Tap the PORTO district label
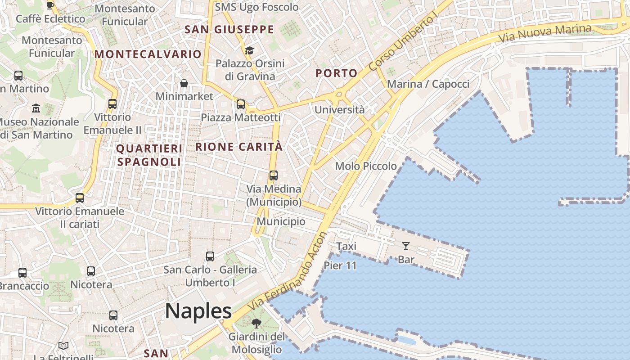pyautogui.click(x=336, y=73)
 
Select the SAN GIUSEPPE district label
pyautogui.click(x=229, y=30)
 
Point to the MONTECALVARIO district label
pyautogui.click(x=148, y=54)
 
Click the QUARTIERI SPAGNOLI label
pyautogui.click(x=149, y=155)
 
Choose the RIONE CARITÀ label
pyautogui.click(x=239, y=147)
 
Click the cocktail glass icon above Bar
pyautogui.click(x=406, y=246)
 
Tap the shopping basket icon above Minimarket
pyautogui.click(x=184, y=83)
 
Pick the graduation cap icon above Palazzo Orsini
pyautogui.click(x=250, y=50)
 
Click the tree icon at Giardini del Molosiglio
pyautogui.click(x=256, y=323)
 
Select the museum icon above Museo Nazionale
pyautogui.click(x=36, y=108)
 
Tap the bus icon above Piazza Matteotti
pyautogui.click(x=241, y=104)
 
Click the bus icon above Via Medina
pyautogui.click(x=274, y=175)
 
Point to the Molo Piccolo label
pyautogui.click(x=366, y=166)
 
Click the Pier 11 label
pyautogui.click(x=340, y=265)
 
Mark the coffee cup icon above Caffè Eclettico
pyautogui.click(x=50, y=5)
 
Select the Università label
pyautogui.click(x=339, y=110)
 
